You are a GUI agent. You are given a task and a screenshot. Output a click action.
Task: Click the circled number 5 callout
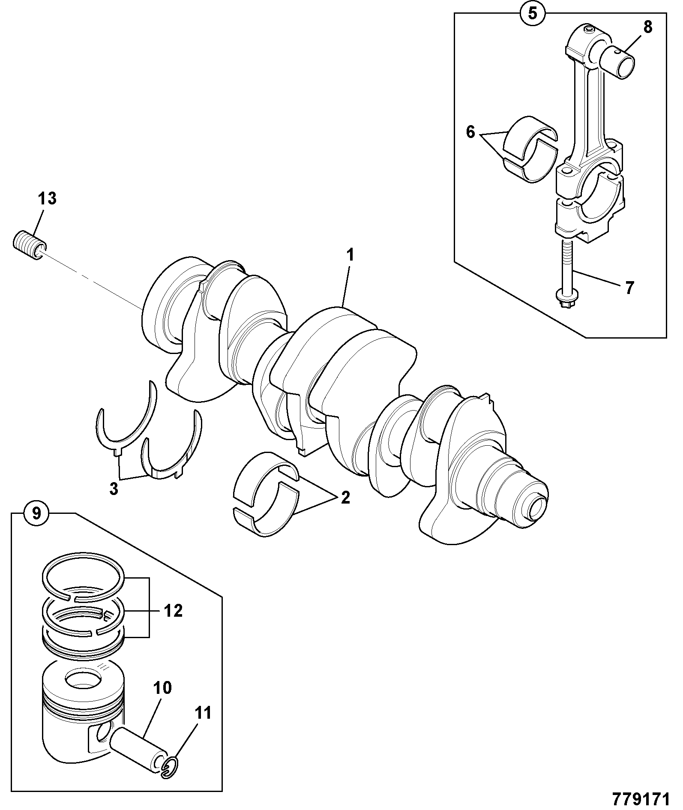(x=532, y=13)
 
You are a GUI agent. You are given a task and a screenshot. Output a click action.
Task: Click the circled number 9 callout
(x=37, y=513)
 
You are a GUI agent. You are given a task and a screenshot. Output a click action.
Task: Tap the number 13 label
(x=47, y=199)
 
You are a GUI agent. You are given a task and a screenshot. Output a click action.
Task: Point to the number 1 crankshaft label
(x=350, y=255)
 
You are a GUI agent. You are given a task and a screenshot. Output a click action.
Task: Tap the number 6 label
(x=470, y=132)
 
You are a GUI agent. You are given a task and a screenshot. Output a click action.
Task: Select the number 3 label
(x=114, y=489)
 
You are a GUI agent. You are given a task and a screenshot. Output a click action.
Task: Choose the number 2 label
(x=345, y=498)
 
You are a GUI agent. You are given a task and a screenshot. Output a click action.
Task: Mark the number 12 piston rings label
(x=173, y=611)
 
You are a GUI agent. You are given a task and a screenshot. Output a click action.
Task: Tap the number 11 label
(x=203, y=714)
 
